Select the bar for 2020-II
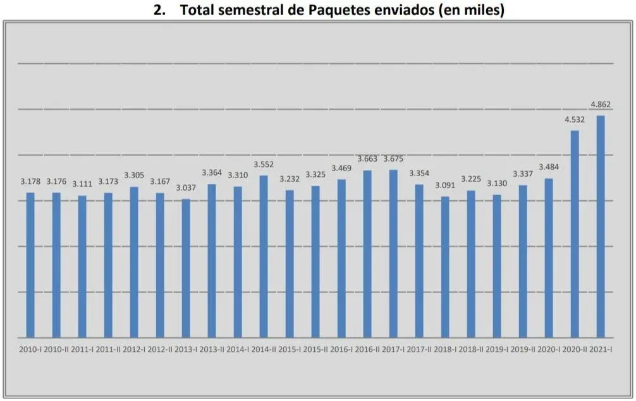point(575,234)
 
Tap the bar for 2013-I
point(186,268)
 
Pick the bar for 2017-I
point(393,253)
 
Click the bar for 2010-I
point(30,265)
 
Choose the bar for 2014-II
point(264,256)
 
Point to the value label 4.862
point(601,105)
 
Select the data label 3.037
point(186,188)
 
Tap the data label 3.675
point(393,159)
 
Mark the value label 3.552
point(264,164)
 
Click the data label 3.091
point(445,186)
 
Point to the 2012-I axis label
point(134,349)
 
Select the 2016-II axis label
point(367,349)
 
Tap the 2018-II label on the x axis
point(471,349)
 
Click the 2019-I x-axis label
point(497,349)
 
